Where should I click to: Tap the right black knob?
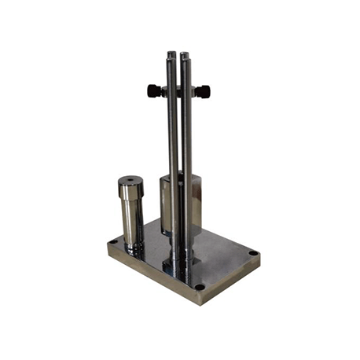click(x=204, y=92)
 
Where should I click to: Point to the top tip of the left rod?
click(x=171, y=54)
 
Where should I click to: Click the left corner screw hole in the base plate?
click(x=114, y=242)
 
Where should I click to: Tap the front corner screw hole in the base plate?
click(x=200, y=286)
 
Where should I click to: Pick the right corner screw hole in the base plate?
click(x=252, y=253)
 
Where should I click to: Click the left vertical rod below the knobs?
click(x=172, y=149)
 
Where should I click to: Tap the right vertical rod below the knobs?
click(x=187, y=149)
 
